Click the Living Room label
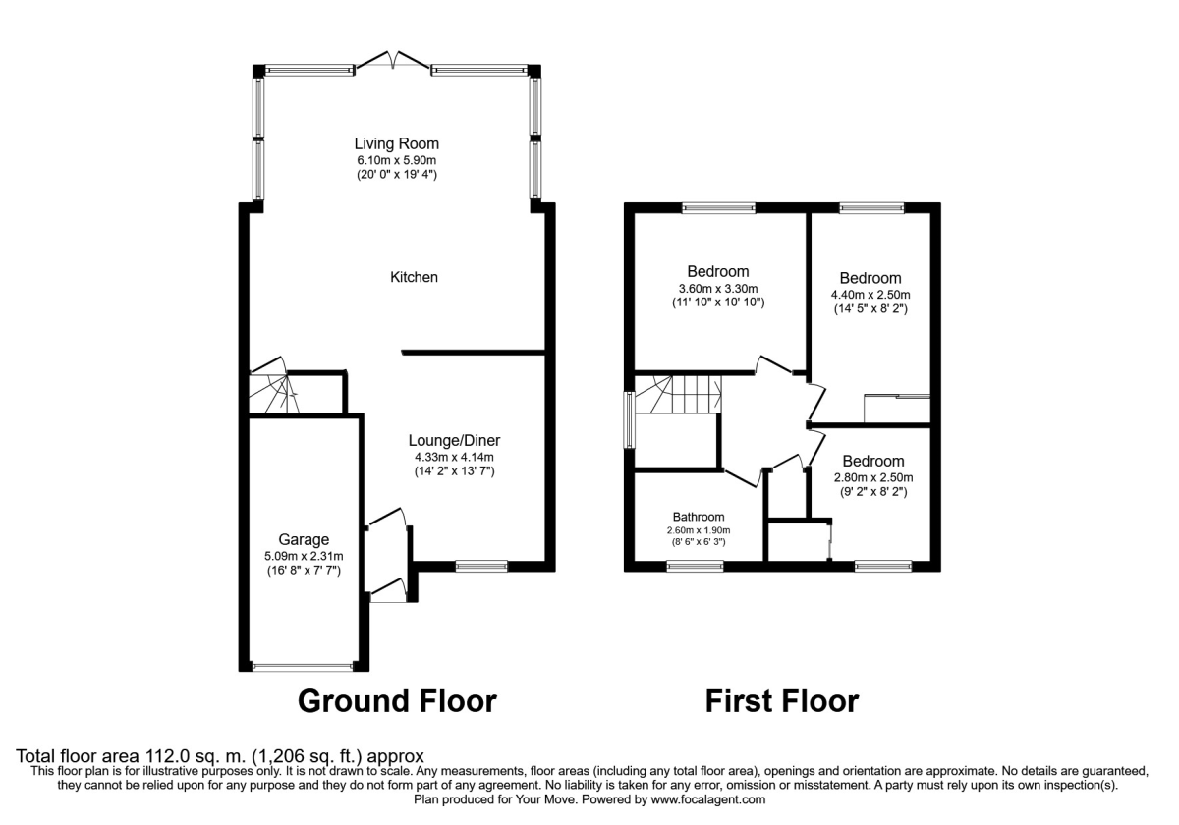coord(396,143)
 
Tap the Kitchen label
coord(414,278)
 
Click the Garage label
coord(303,539)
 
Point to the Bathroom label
coord(699,517)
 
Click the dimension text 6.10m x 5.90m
coord(396,160)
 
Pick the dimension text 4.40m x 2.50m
coord(870,295)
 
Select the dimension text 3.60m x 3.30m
coord(717,289)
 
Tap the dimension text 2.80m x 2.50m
coord(872,478)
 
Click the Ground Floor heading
coord(396,701)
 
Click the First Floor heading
coord(781,701)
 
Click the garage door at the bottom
coord(303,667)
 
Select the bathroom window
coord(696,566)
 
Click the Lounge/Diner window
coord(481,566)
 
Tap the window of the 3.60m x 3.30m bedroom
coord(719,207)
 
